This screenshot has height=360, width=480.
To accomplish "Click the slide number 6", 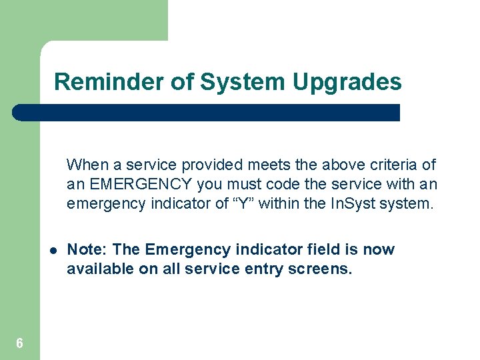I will tap(19, 343).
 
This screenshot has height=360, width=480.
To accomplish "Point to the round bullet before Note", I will tap(51, 251).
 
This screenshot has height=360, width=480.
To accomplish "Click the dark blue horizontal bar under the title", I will tap(207, 113).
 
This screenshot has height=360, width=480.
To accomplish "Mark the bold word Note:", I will tap(88, 250).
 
